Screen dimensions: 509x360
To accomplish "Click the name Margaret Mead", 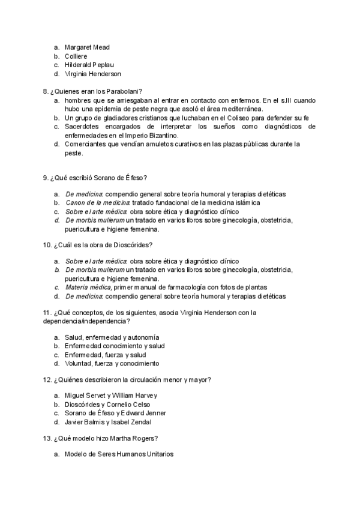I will click(87, 47).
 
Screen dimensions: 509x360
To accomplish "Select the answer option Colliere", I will click(76, 56).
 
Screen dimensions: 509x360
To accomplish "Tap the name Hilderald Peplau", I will click(89, 65).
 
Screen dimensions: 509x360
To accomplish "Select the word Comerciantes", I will click(88, 144).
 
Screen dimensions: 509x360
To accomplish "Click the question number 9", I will click(45, 178).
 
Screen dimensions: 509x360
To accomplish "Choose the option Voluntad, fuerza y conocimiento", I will click(112, 364).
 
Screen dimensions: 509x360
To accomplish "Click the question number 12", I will click(47, 379).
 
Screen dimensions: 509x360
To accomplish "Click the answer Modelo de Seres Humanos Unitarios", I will click(119, 454).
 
